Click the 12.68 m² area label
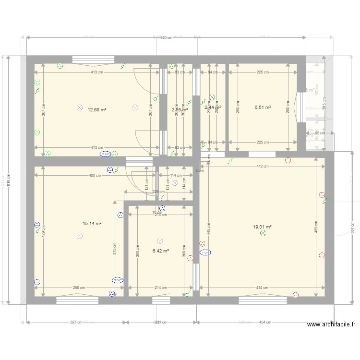97,109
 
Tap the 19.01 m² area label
262,227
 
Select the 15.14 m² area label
92,223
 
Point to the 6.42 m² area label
160,251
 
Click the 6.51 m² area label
263,108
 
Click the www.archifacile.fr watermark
331,324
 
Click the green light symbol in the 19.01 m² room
263,233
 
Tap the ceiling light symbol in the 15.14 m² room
80,235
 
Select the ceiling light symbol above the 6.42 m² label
160,241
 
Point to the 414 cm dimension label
262,288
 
